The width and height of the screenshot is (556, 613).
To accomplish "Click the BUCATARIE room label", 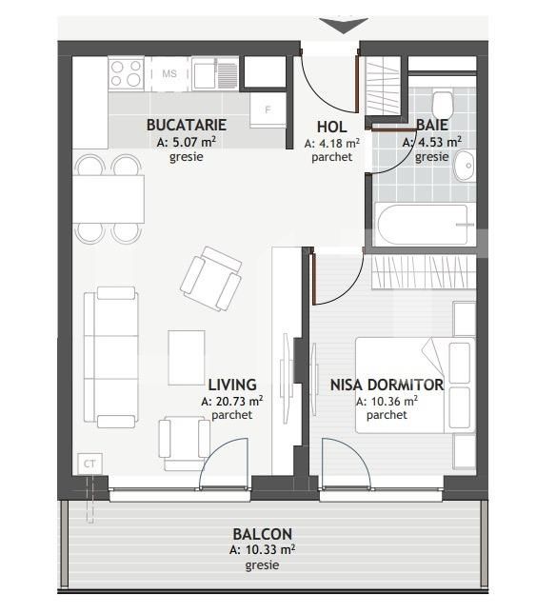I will [x=186, y=125].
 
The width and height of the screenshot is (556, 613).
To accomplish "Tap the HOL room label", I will [x=331, y=127].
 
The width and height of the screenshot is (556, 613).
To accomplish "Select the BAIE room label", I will [x=432, y=125].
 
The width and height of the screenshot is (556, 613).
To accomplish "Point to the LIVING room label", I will [x=231, y=385].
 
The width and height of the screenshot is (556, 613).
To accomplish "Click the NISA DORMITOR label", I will [x=387, y=385].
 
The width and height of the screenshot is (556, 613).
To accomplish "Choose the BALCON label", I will [x=262, y=535].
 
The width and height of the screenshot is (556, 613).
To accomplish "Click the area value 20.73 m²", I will [x=231, y=401].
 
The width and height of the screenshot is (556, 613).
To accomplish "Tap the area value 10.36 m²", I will [x=387, y=401].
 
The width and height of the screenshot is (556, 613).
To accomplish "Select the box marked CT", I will [x=89, y=464].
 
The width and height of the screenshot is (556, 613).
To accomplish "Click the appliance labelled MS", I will [x=169, y=73].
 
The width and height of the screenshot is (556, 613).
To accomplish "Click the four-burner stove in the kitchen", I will [x=127, y=73].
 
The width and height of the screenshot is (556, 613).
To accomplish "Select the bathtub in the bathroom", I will [x=424, y=226].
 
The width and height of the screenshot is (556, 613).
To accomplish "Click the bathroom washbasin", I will [x=464, y=167].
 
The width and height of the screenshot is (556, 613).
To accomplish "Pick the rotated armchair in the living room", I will [x=211, y=278].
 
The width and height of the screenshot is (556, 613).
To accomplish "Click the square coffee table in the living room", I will [x=187, y=356].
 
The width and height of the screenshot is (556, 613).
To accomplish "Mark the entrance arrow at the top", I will [x=342, y=25].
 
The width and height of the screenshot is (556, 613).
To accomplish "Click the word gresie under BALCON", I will [x=262, y=565].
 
